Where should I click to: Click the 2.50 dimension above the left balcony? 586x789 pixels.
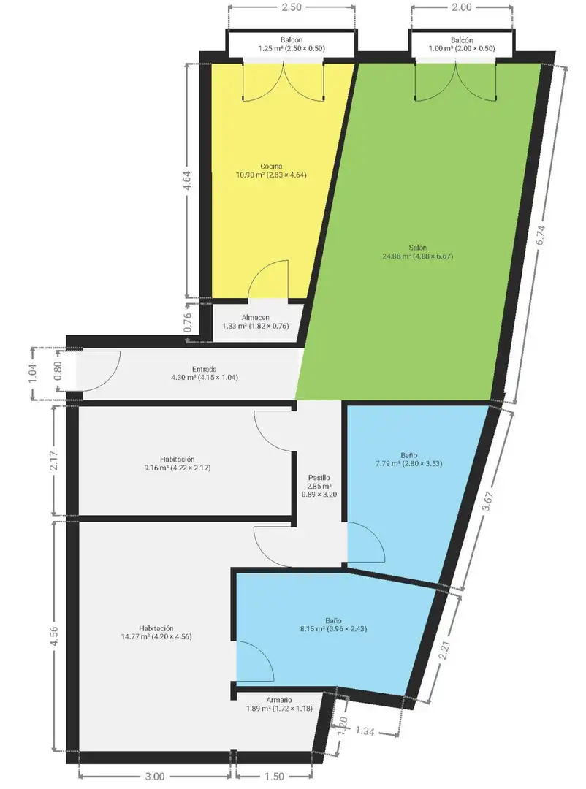pyautogui.click(x=291, y=7)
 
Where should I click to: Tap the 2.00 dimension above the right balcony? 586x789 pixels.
pyautogui.click(x=462, y=7)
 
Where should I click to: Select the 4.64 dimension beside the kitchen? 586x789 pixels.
pyautogui.click(x=187, y=180)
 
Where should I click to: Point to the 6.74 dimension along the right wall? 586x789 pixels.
pyautogui.click(x=540, y=235)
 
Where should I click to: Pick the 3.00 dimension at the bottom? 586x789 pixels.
pyautogui.click(x=155, y=777)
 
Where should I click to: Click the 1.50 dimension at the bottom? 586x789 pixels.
pyautogui.click(x=274, y=777)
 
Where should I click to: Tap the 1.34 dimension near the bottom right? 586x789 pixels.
pyautogui.click(x=365, y=731)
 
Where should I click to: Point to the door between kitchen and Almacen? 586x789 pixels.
pyautogui.click(x=268, y=280)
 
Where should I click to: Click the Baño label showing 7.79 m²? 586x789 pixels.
pyautogui.click(x=408, y=460)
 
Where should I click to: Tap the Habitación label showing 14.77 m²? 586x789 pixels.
pyautogui.click(x=156, y=632)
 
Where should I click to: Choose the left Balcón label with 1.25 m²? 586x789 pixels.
pyautogui.click(x=291, y=45)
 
